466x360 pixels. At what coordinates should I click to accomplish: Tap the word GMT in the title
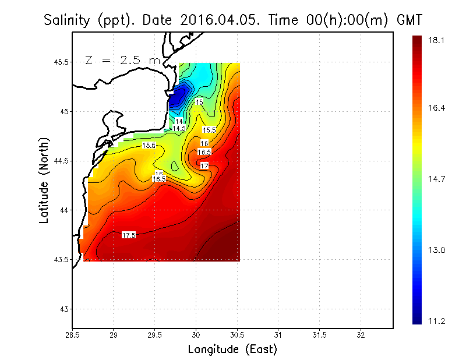(x=409, y=20)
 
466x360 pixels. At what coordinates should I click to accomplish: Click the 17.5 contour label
(x=129, y=235)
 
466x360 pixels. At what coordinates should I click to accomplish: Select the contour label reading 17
(x=204, y=166)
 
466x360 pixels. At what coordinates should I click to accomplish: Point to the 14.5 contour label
(x=179, y=128)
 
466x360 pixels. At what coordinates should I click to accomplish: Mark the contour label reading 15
(x=199, y=103)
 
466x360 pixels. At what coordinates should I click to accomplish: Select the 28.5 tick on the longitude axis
(x=72, y=335)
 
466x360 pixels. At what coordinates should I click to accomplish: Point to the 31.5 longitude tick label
(x=319, y=335)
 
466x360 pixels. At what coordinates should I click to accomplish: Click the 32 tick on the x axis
(x=361, y=335)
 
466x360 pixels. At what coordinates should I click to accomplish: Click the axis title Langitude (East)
(x=232, y=350)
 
